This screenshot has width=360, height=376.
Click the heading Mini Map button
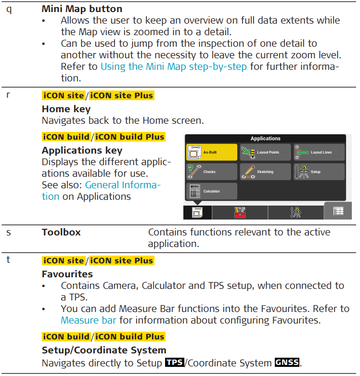pyautogui.click(x=82, y=9)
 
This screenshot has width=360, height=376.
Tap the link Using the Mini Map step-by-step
pyautogui.click(x=174, y=66)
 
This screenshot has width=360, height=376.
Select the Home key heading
pyautogui.click(x=66, y=109)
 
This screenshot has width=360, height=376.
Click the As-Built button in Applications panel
pyautogui.click(x=212, y=152)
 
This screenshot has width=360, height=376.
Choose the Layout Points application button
pyautogui.click(x=265, y=152)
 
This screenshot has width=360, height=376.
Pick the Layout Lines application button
pyautogui.click(x=319, y=152)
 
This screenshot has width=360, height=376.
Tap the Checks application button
pyautogui.click(x=212, y=172)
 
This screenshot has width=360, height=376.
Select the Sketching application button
pyautogui.click(x=265, y=172)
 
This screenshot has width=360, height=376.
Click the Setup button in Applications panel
pyautogui.click(x=319, y=172)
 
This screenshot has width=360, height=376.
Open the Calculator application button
pyautogui.click(x=212, y=191)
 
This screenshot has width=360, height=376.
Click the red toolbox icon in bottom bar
pyautogui.click(x=240, y=212)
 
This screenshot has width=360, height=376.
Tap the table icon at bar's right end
pyautogui.click(x=338, y=211)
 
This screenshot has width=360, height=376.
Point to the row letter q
pyautogui.click(x=9, y=10)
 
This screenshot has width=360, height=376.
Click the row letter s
pyautogui.click(x=9, y=233)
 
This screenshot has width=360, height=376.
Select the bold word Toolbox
pyautogui.click(x=61, y=232)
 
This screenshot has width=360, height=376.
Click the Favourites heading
pyautogui.click(x=67, y=274)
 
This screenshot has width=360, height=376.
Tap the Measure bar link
pyautogui.click(x=89, y=320)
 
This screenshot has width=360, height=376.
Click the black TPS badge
pyautogui.click(x=175, y=362)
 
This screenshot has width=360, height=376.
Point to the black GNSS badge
pyautogui.click(x=287, y=362)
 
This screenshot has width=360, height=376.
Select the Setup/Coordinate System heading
pyautogui.click(x=104, y=350)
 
